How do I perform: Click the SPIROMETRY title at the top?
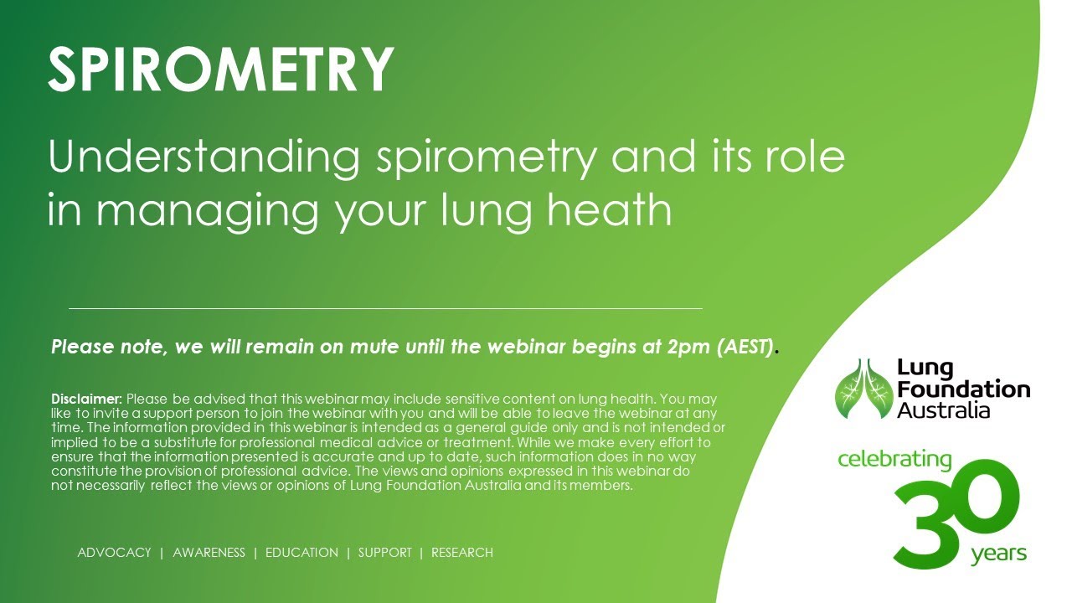pyautogui.click(x=220, y=70)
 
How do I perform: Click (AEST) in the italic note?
pyautogui.click(x=745, y=347)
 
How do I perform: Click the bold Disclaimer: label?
pyautogui.click(x=87, y=399)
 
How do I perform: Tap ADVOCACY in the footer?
pyautogui.click(x=114, y=553)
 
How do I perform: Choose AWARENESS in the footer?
pyautogui.click(x=209, y=553)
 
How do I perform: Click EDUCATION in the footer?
pyautogui.click(x=301, y=553)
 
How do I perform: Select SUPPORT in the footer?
pyautogui.click(x=384, y=553)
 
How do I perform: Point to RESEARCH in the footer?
pyautogui.click(x=461, y=553)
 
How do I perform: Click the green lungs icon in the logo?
pyautogui.click(x=863, y=389)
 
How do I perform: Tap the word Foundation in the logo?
pyautogui.click(x=963, y=389)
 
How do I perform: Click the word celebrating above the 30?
pyautogui.click(x=894, y=460)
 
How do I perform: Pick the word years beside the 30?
pyautogui.click(x=998, y=554)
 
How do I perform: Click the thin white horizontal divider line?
pyautogui.click(x=385, y=309)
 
